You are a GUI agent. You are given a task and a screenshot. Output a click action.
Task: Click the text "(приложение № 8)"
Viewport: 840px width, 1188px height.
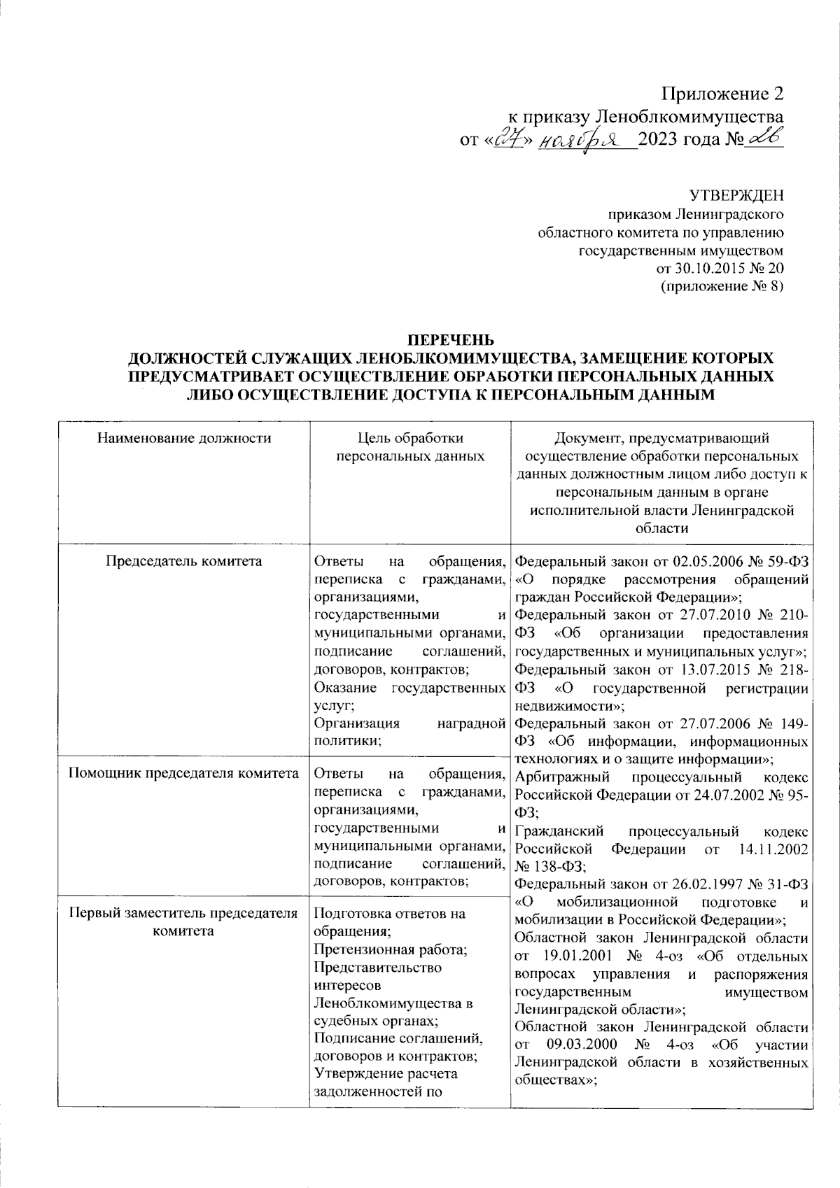[x=722, y=286]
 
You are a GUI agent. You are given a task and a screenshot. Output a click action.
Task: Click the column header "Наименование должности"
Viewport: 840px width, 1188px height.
[x=184, y=439]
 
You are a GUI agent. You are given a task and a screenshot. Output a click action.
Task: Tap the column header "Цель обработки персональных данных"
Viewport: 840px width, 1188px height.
[x=410, y=447]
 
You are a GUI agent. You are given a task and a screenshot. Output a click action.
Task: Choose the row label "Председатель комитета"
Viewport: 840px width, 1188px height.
[x=184, y=561]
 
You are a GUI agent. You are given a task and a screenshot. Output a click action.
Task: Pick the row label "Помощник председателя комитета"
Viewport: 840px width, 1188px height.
[x=184, y=774]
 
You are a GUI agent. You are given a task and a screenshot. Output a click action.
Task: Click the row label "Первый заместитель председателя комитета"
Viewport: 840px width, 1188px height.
[x=184, y=922]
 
